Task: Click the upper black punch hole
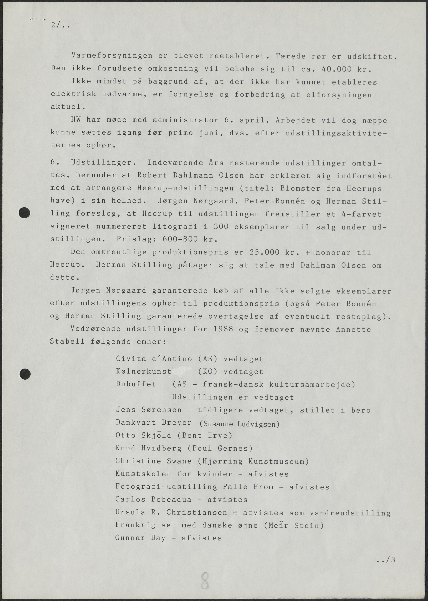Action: pyautogui.click(x=24, y=213)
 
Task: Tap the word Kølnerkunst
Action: pyautogui.click(x=144, y=371)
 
